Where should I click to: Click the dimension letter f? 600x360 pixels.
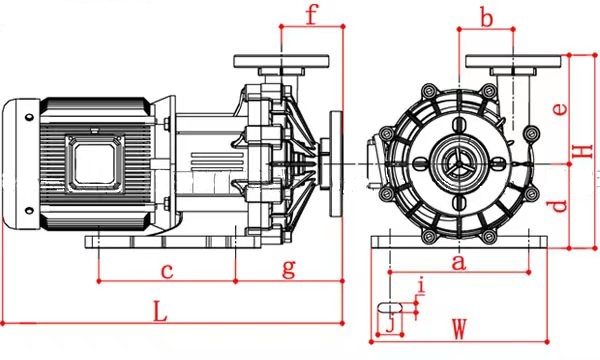312,15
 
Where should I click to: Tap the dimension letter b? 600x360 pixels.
486,18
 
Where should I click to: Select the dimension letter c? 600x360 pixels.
167,271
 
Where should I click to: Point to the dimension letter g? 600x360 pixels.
289,268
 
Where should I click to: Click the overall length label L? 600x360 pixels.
161,311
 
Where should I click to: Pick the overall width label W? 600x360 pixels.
459,329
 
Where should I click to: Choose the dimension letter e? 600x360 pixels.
560,109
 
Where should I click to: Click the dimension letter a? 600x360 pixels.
459,262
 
